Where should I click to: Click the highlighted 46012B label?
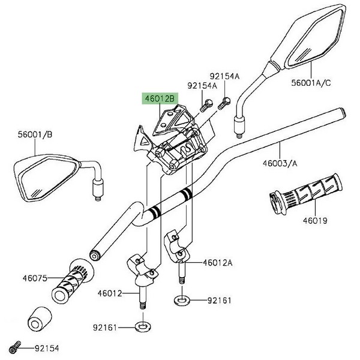(158, 98)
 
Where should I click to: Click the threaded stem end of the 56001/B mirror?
(97, 190)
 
